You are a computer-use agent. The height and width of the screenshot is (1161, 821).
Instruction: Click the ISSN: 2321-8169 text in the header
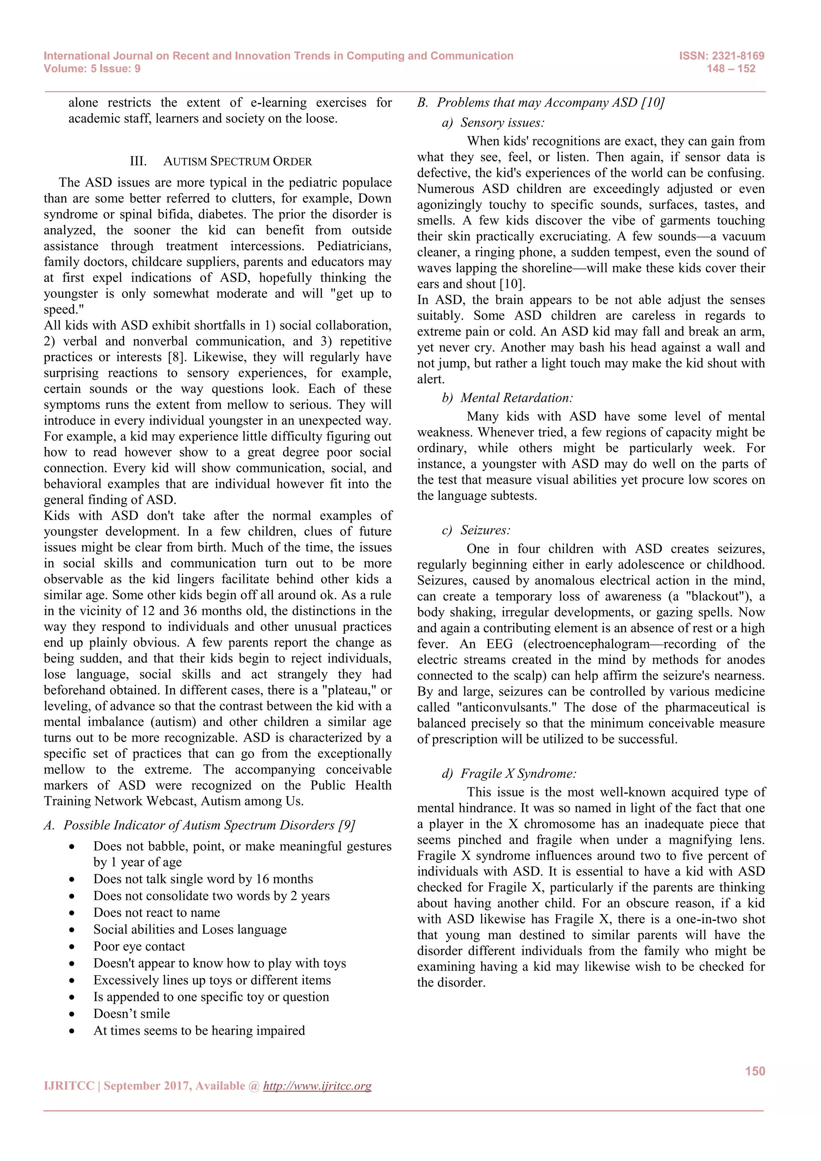click(722, 56)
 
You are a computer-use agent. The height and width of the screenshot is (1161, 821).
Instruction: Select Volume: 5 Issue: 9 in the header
click(92, 69)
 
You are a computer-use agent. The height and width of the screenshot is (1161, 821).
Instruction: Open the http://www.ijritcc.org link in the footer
click(317, 1086)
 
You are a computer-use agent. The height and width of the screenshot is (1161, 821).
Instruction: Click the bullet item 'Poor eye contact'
click(139, 946)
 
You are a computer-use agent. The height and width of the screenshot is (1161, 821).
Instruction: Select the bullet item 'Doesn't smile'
click(131, 1013)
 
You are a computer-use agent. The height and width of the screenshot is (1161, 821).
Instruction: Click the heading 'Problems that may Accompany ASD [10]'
click(550, 103)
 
